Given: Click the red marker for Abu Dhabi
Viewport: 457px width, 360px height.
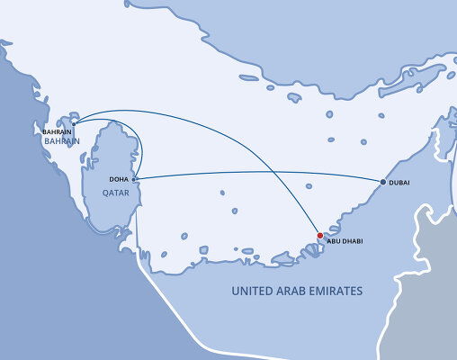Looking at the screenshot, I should point(319,236).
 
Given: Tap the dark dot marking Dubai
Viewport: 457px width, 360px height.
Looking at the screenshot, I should point(383,183).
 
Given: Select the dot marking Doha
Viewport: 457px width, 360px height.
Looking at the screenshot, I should point(134,179).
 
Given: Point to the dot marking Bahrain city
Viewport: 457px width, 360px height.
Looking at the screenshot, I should point(74,124).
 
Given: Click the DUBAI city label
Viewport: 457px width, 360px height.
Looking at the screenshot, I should point(400,184).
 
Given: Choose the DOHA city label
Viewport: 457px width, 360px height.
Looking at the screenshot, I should point(119,179).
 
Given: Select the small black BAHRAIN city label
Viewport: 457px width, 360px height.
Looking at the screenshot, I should point(57,131).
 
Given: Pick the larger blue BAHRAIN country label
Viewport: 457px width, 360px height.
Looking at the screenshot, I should point(60,141).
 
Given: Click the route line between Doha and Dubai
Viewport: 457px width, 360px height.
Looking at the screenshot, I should point(261,172).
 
